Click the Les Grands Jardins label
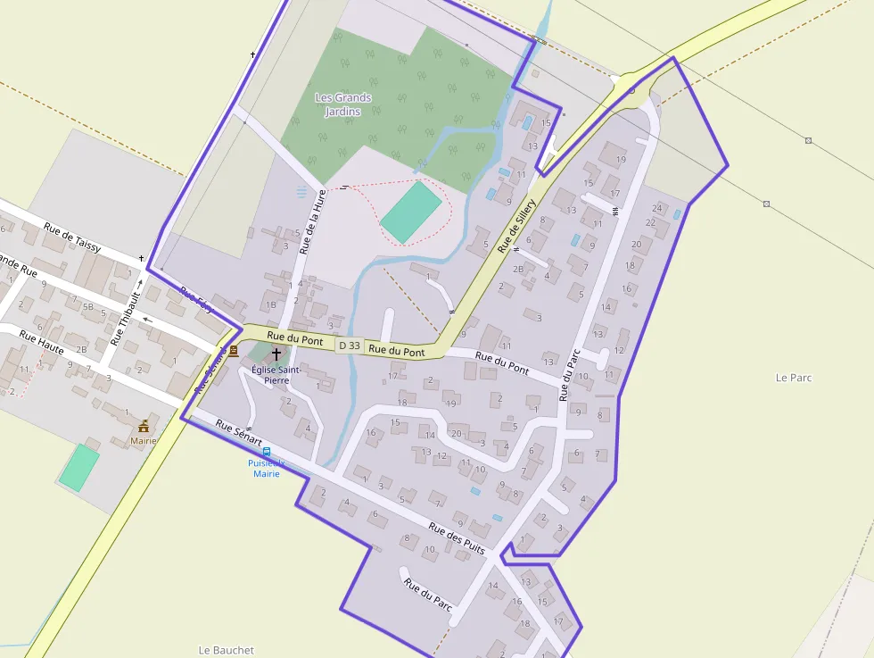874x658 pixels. click(343, 104)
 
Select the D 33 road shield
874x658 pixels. click(349, 346)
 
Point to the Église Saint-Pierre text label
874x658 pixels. click(276, 373)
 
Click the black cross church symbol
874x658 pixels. click(276, 354)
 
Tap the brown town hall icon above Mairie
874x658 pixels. click(143, 426)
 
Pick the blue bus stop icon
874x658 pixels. click(267, 452)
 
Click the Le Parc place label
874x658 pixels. click(793, 378)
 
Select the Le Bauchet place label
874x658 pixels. click(226, 650)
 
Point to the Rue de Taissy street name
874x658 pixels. click(72, 235)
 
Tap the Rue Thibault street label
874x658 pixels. click(126, 318)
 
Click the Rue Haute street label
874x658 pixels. click(41, 344)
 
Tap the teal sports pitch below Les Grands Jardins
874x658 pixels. click(411, 212)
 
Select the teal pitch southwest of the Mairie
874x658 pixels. click(79, 467)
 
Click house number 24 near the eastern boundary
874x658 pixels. click(657, 208)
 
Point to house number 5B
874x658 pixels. click(87, 307)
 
